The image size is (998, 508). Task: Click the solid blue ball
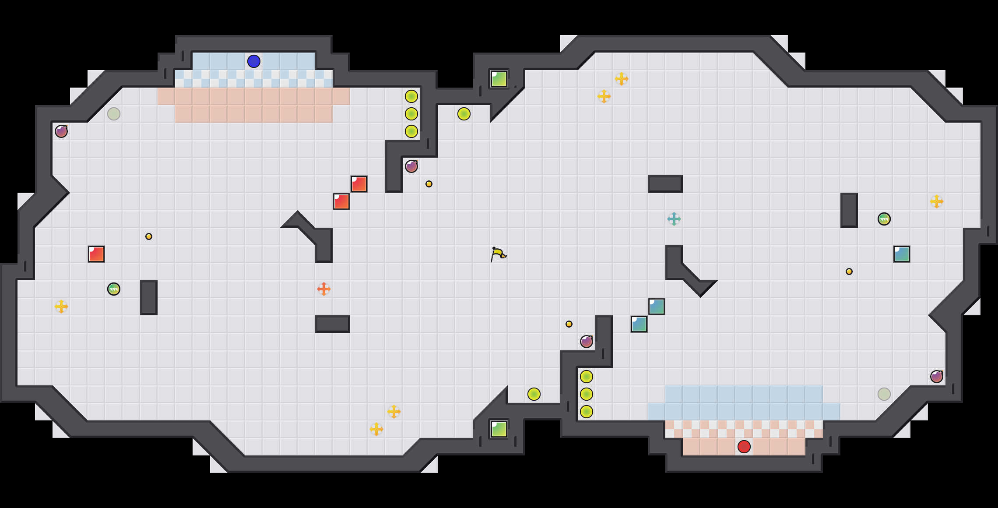click(254, 61)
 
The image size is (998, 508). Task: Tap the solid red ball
click(744, 447)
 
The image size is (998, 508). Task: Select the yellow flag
click(498, 254)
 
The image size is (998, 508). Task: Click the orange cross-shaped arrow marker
click(324, 289)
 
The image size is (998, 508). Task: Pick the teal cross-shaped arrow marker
click(674, 219)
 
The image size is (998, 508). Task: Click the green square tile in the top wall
click(499, 79)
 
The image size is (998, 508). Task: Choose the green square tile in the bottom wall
click(499, 429)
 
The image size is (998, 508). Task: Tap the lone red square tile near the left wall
click(96, 254)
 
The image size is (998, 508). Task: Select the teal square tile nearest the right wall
click(902, 254)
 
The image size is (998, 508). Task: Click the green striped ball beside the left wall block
click(114, 289)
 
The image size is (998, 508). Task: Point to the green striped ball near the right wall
click(884, 219)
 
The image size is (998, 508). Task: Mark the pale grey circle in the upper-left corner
click(114, 114)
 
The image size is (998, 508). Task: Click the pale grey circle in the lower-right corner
click(884, 394)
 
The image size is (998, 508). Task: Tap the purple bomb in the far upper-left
click(61, 131)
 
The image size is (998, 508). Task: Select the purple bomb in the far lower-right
click(937, 377)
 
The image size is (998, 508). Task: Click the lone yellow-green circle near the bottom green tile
click(534, 394)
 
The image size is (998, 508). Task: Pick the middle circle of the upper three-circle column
click(411, 114)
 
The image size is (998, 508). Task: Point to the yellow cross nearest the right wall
click(937, 201)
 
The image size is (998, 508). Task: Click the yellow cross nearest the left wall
click(61, 307)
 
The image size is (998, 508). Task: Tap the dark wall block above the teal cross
click(665, 184)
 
